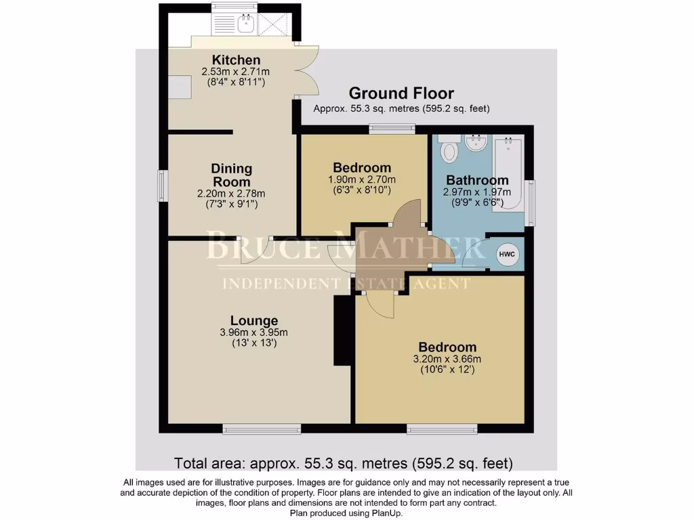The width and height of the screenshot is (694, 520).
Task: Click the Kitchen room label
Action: tap(235, 60)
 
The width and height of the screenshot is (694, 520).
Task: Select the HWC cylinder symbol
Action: tap(507, 255)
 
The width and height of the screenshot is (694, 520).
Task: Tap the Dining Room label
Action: tap(231, 175)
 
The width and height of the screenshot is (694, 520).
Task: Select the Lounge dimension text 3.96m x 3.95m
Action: tap(253, 332)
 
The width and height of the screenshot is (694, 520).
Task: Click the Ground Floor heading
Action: tap(401, 93)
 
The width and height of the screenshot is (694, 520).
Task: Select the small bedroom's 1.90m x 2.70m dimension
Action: tap(361, 180)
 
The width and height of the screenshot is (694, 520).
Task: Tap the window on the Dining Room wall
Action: tap(163, 185)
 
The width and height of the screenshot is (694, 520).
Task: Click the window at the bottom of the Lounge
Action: tap(261, 428)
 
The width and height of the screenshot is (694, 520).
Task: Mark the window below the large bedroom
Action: tap(441, 428)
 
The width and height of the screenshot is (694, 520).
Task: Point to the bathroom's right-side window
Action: tap(529, 196)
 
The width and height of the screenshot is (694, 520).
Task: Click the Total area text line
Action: tap(344, 464)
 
